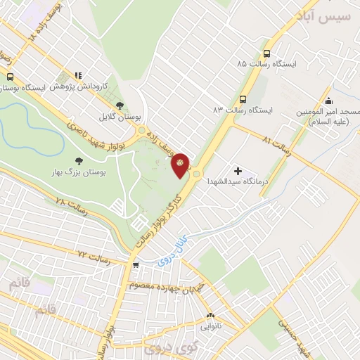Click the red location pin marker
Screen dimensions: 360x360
181,165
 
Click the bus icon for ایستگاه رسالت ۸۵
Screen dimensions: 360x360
266,53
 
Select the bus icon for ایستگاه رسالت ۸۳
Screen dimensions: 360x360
243,99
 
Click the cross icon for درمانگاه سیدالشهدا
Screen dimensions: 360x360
237,170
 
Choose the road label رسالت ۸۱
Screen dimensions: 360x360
276,143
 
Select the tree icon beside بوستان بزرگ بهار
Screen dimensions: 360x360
78,161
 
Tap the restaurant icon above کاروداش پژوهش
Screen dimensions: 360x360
78,75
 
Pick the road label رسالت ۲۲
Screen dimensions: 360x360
95,256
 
